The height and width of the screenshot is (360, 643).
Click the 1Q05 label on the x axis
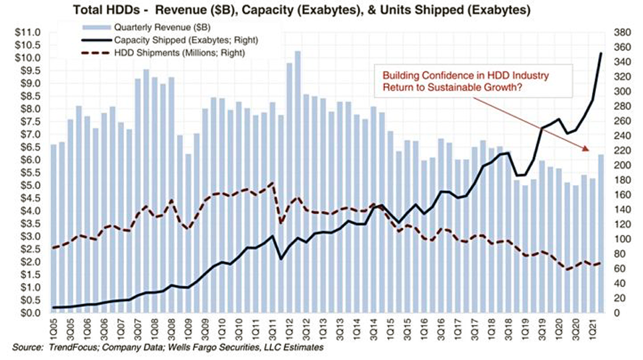pyautogui.click(x=53, y=326)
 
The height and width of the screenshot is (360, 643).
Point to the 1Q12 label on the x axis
pyautogui.click(x=289, y=326)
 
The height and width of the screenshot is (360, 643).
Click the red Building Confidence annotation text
pyautogui.click(x=455, y=82)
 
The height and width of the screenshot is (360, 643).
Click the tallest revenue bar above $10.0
pyautogui.click(x=298, y=52)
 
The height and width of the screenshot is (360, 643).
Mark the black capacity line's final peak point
pyautogui.click(x=601, y=53)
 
